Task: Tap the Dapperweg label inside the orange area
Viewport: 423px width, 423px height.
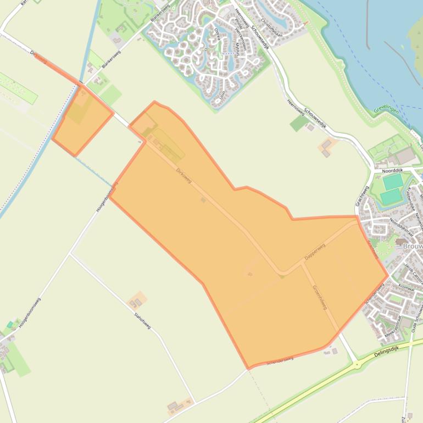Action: coord(315,253)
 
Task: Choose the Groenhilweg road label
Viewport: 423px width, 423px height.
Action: coord(320,297)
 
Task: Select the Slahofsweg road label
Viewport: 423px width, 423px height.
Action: coord(142,319)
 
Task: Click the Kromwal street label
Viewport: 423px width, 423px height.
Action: coord(407,287)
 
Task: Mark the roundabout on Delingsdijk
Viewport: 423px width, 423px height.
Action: coord(357,364)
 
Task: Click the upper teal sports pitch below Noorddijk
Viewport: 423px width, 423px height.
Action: coord(393,181)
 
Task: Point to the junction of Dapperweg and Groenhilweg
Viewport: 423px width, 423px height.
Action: coord(302,264)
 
